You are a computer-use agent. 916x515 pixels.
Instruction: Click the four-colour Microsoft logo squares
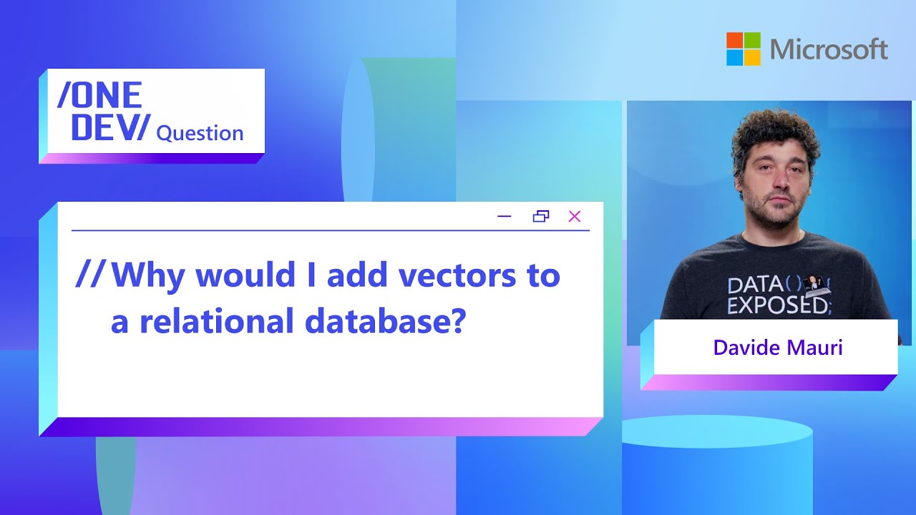tap(744, 49)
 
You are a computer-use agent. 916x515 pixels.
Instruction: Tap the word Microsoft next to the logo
tap(829, 49)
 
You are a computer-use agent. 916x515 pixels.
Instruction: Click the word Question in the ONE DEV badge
tap(200, 133)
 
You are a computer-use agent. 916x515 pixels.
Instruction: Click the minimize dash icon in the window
tap(505, 216)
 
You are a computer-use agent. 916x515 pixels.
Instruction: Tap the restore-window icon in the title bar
tap(541, 216)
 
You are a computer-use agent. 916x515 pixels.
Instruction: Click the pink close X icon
tap(574, 216)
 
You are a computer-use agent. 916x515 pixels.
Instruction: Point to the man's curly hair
tap(774, 129)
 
